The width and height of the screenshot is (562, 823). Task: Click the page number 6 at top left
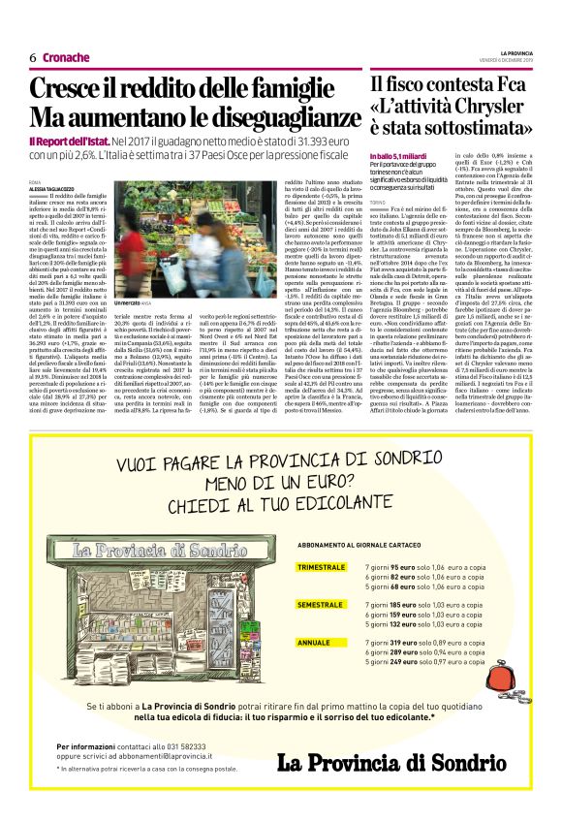tap(33, 57)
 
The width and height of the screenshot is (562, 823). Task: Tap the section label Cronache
tap(66, 57)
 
